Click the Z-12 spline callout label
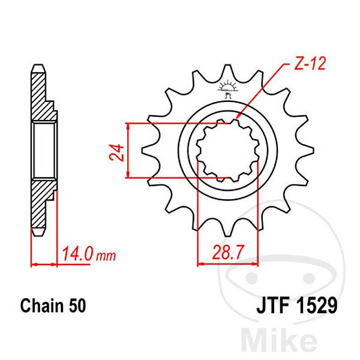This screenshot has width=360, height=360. click(310, 64)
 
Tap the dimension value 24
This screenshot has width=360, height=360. click(116, 152)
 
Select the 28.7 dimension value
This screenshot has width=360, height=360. click(227, 253)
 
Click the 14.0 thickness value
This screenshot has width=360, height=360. click(78, 254)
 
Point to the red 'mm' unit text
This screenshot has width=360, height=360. click(106, 256)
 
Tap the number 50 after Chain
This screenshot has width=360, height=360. click(77, 306)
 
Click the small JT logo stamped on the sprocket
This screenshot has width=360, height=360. click(227, 89)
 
